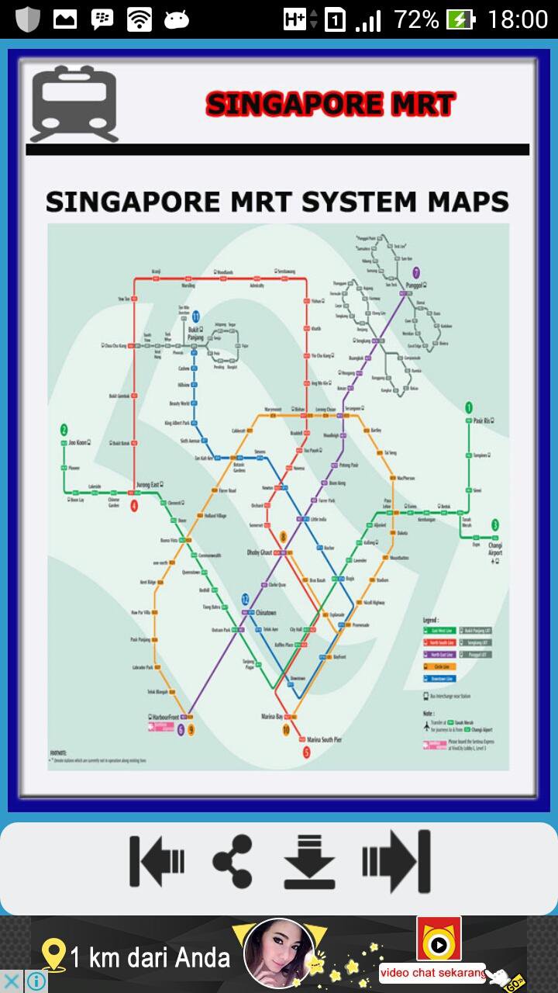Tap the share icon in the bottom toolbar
tap(232, 861)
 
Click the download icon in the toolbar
tap(309, 861)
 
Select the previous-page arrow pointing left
tap(157, 861)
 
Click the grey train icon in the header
tap(74, 105)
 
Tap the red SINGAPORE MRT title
tap(331, 105)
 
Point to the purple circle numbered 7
tap(416, 272)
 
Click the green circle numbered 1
tap(468, 407)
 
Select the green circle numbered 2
tap(64, 429)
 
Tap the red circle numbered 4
tap(134, 506)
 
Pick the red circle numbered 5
tap(306, 752)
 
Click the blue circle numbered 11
tap(196, 317)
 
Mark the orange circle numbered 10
tap(286, 730)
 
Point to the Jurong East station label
tap(149, 485)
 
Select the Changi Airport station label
tap(495, 549)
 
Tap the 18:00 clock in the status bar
tap(517, 19)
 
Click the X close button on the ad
tap(12, 981)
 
